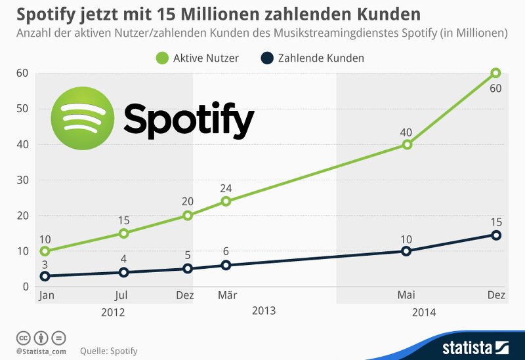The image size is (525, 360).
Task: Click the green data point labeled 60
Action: coord(495,73)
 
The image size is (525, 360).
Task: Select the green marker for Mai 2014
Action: coord(407,144)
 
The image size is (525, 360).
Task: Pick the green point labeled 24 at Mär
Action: coord(226,201)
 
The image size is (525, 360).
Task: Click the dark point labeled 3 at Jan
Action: coord(45,276)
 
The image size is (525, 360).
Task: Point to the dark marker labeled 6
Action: coord(226,265)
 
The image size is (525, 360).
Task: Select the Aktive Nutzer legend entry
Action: coord(198,58)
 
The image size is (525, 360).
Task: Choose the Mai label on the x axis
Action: coord(406,296)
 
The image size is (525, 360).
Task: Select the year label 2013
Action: coord(264,310)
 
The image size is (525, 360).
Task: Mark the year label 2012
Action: coord(113,312)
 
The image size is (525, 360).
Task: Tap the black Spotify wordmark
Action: coord(188,121)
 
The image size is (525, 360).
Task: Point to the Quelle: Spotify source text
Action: coord(109,351)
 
